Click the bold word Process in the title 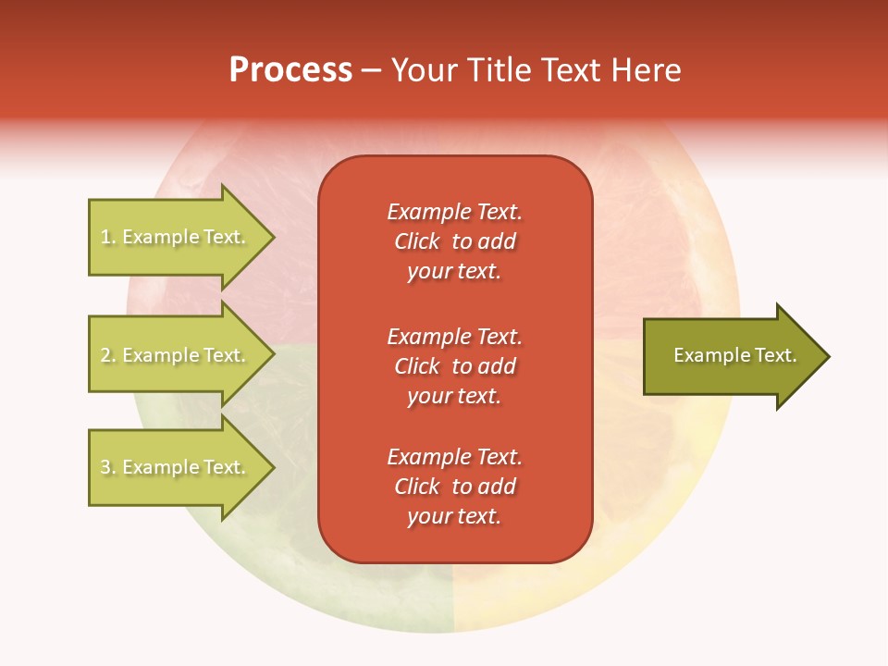[290, 70]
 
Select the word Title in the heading [497, 70]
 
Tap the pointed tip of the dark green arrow [826, 356]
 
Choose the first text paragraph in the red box [454, 241]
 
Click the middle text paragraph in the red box [454, 365]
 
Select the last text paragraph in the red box [454, 487]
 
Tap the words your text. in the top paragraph [454, 272]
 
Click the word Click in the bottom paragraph [416, 487]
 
